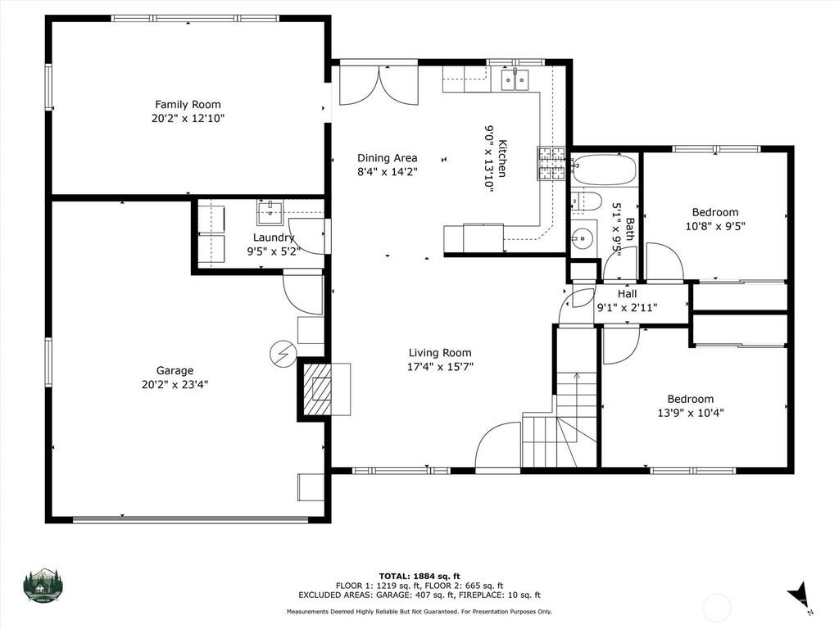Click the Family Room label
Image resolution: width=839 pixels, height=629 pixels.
(188, 104)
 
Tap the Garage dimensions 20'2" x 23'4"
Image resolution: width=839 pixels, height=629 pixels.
(175, 384)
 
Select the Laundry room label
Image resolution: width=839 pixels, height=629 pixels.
(274, 238)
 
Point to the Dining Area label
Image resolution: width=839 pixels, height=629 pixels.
(387, 158)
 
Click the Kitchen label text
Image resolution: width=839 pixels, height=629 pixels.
(502, 158)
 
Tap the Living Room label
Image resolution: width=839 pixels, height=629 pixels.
(440, 352)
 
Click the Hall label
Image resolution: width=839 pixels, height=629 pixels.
(627, 294)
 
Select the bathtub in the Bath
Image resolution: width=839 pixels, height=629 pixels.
(604, 170)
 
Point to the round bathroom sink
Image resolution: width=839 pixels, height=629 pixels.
(581, 235)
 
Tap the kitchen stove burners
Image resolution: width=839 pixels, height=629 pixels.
(551, 163)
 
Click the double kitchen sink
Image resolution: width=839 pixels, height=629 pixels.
(515, 80)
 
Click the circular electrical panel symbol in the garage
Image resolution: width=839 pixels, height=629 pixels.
(283, 353)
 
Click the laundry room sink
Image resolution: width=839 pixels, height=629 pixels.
(270, 212)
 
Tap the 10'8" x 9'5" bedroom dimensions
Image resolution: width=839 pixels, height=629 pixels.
(715, 226)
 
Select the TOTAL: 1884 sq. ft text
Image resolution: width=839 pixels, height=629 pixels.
(419, 576)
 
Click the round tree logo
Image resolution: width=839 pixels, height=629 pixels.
(43, 585)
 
